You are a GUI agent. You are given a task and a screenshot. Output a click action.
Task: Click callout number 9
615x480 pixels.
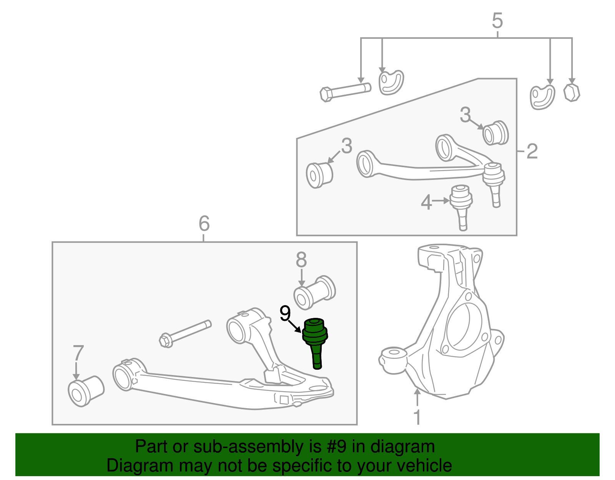285,314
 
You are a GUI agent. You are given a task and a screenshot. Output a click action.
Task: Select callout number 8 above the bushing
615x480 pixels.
301,260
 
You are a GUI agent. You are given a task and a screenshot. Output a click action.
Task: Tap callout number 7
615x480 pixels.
78,353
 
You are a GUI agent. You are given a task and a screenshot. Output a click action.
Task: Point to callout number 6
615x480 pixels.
204,224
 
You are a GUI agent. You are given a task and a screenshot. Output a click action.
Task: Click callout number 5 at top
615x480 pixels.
497,21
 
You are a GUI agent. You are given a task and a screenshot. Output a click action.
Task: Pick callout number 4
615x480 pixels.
426,203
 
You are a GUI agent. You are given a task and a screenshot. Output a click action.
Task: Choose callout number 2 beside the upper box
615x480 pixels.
532,151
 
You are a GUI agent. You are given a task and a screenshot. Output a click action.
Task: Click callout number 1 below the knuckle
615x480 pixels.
417,417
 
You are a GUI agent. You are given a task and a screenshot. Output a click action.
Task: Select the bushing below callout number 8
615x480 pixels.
314,292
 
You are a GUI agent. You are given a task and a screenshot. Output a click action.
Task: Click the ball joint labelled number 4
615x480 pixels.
461,204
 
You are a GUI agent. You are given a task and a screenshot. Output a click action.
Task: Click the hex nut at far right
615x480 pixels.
572,93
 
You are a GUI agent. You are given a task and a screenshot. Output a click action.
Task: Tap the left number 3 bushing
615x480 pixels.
319,175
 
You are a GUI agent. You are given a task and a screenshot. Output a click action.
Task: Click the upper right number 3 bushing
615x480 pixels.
495,133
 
